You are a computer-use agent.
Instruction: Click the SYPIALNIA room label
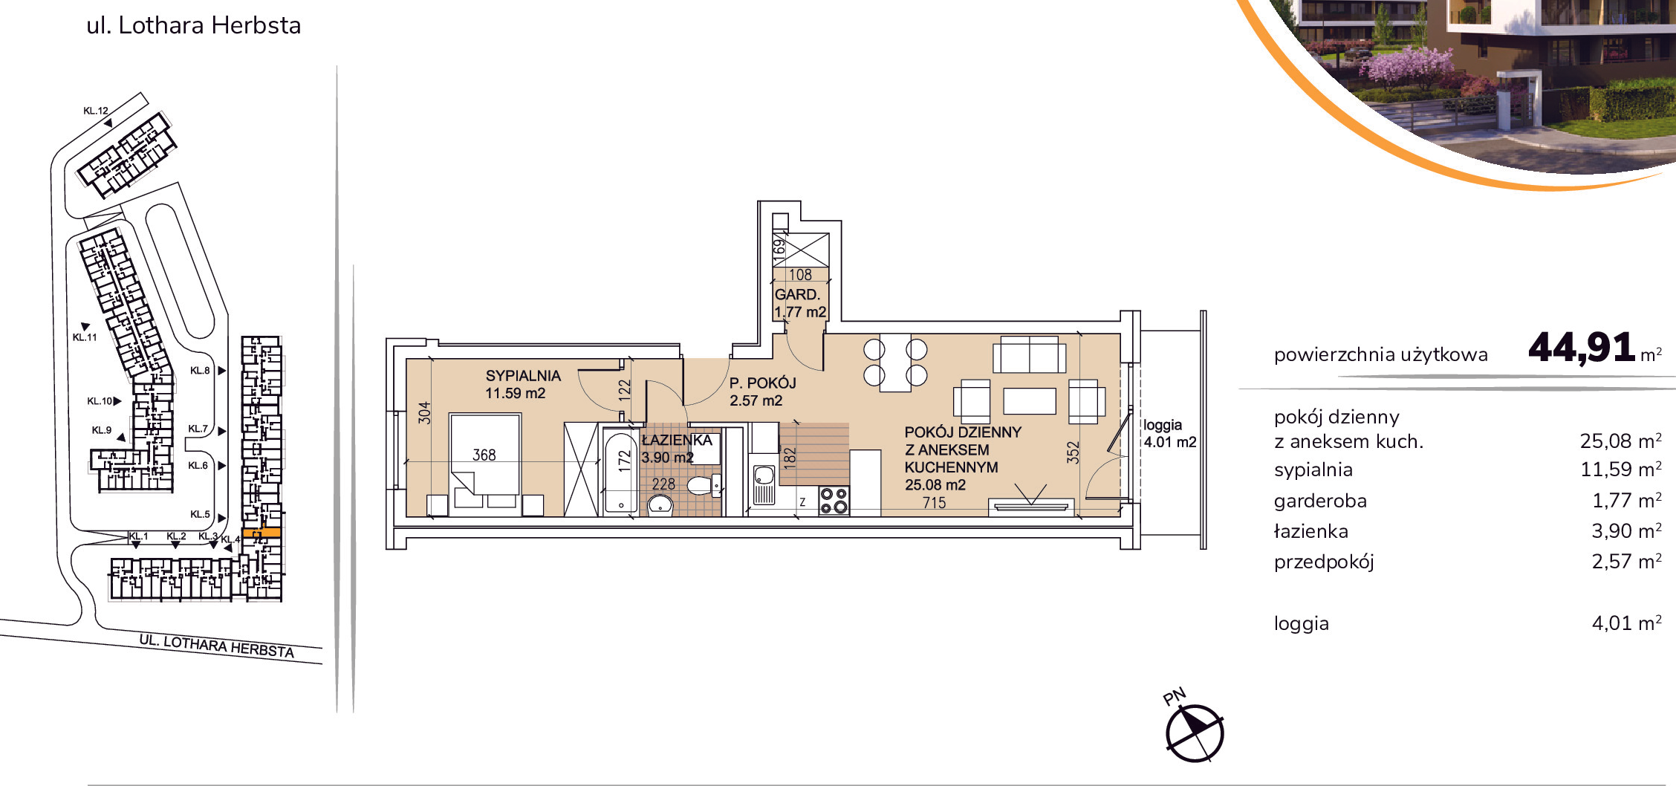click(523, 376)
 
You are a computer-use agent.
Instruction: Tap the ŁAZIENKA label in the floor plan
click(677, 440)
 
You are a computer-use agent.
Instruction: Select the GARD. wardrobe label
click(797, 295)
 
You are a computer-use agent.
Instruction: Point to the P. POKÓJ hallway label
click(762, 383)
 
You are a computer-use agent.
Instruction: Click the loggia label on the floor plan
click(1163, 426)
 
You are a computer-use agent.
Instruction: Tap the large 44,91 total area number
click(1582, 347)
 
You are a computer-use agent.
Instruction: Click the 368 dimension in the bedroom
click(484, 455)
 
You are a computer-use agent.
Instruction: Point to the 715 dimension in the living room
click(934, 503)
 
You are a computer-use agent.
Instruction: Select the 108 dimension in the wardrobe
click(800, 275)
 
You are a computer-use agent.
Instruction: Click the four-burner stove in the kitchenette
click(834, 501)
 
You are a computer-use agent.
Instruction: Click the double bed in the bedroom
click(486, 464)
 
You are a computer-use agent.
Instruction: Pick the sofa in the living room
click(1029, 354)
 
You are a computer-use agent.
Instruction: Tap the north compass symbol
click(1194, 732)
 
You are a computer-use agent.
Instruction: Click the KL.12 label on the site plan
click(95, 111)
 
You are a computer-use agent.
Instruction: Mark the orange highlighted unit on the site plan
click(262, 533)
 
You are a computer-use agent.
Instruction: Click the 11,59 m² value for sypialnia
click(1621, 470)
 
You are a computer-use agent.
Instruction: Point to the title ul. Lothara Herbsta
click(194, 25)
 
